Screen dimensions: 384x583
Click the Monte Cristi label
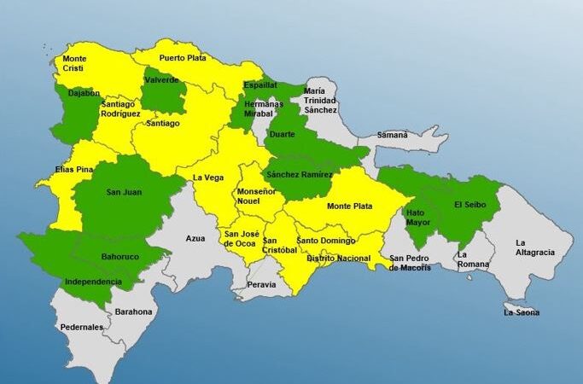point(74,64)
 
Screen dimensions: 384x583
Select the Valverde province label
point(162,80)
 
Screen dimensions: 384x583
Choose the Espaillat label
point(259,86)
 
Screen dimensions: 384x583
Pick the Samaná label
point(393,135)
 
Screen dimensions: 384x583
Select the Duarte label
point(282,135)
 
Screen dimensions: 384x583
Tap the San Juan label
point(124,192)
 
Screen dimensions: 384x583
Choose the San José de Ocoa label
point(240,238)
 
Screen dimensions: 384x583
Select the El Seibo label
point(469,205)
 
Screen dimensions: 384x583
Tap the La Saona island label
point(521,312)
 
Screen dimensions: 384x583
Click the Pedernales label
point(82,327)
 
